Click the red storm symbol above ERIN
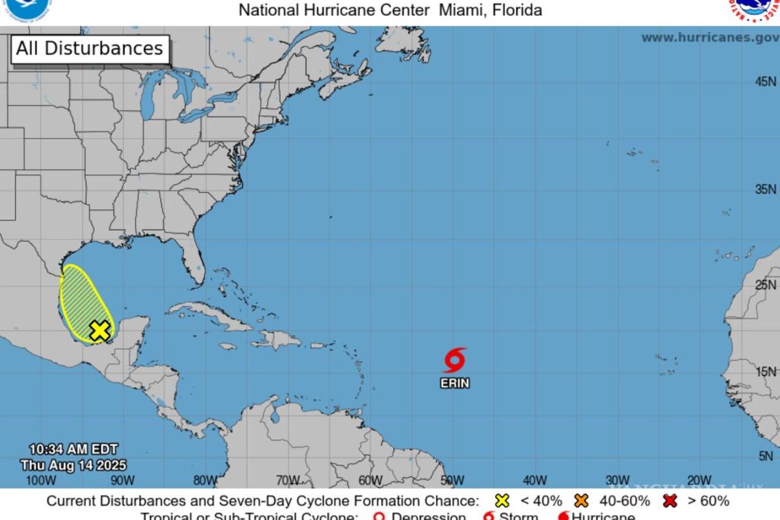click(455, 359)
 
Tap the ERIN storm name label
click(455, 383)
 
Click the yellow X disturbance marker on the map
click(99, 330)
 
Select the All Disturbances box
click(90, 49)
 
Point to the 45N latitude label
click(765, 81)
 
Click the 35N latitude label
click(765, 189)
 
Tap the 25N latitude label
click(765, 285)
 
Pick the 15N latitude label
click(765, 372)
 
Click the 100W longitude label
click(40, 480)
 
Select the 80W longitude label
click(205, 480)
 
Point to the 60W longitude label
click(370, 480)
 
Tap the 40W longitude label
click(535, 480)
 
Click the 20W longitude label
click(699, 480)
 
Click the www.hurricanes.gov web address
click(710, 38)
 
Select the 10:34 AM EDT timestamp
click(73, 449)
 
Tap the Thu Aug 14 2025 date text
click(73, 465)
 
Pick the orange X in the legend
click(582, 501)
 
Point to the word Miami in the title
click(463, 10)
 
